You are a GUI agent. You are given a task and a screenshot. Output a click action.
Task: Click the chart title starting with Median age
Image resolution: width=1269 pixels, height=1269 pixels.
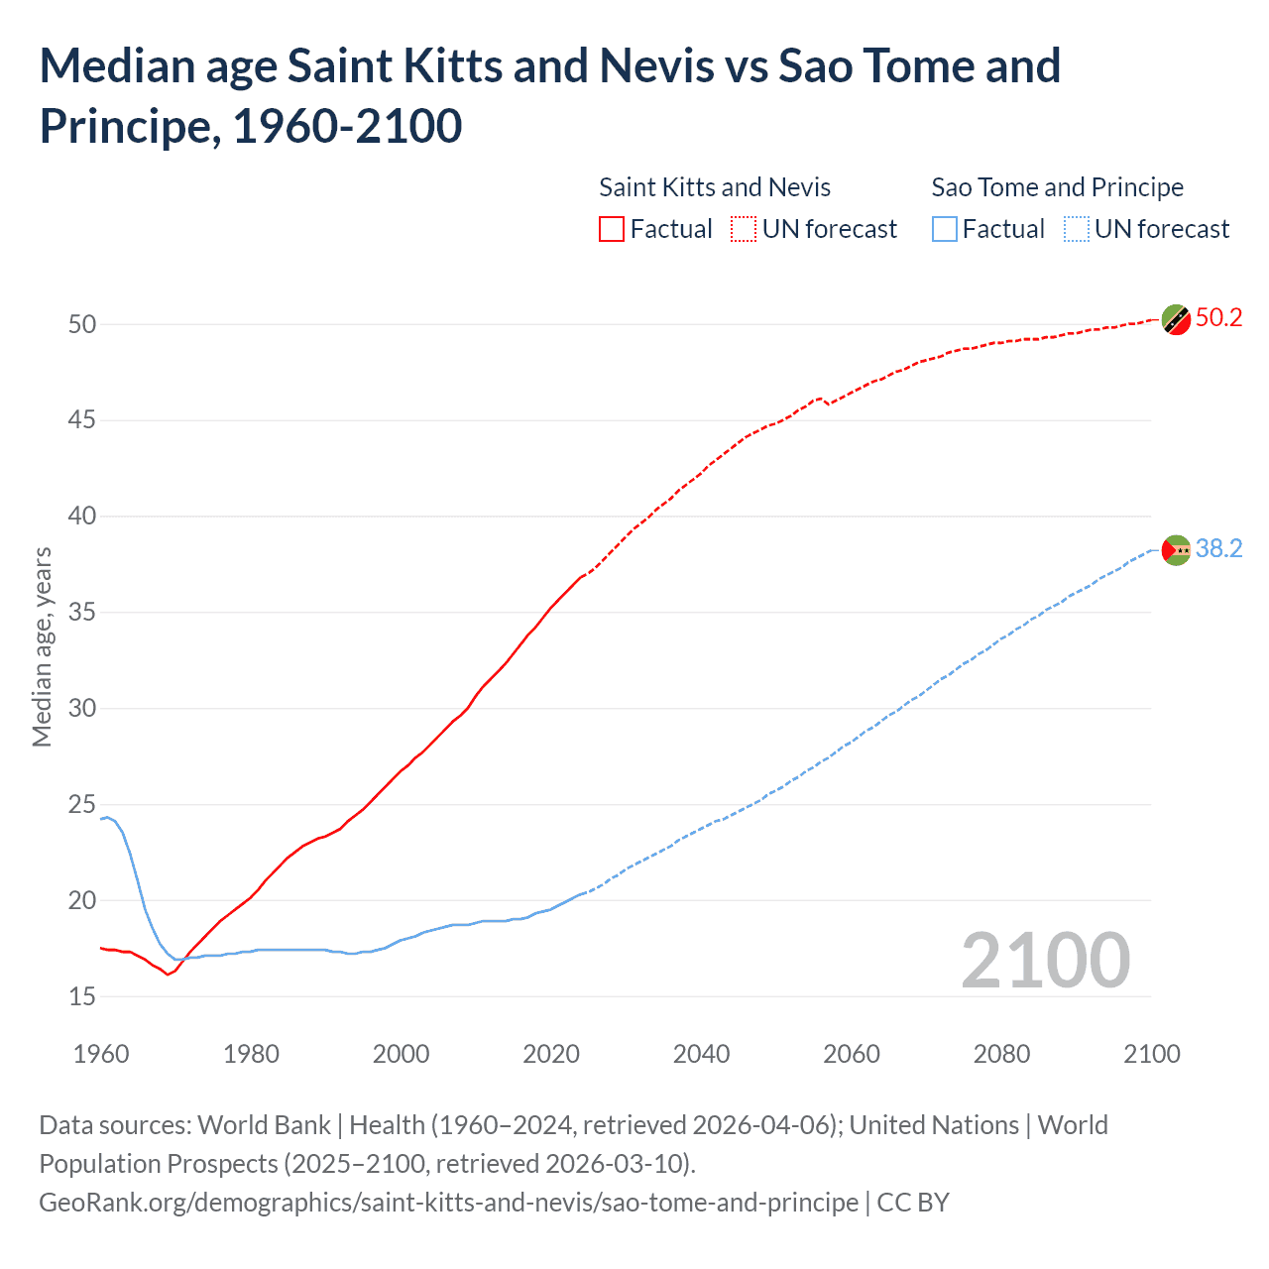click(x=549, y=95)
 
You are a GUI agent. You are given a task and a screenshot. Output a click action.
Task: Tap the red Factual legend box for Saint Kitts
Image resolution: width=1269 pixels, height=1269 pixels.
click(x=612, y=229)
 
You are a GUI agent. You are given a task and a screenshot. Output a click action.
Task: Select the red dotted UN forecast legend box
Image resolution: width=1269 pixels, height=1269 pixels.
click(x=744, y=229)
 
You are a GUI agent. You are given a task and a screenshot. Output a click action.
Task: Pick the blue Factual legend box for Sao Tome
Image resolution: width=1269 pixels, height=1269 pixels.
click(x=944, y=229)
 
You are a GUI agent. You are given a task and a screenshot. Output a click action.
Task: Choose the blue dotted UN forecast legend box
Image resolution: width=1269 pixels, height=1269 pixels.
click(x=1076, y=229)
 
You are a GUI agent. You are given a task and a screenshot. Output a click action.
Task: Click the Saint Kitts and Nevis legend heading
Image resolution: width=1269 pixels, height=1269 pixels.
click(x=714, y=187)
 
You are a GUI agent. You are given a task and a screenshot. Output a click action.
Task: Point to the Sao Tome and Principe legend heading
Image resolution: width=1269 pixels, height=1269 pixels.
click(x=1057, y=187)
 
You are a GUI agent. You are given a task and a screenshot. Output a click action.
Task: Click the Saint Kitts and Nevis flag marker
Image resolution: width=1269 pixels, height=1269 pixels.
click(x=1176, y=319)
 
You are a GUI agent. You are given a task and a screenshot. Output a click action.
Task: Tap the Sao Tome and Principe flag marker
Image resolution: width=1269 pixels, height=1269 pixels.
click(x=1176, y=549)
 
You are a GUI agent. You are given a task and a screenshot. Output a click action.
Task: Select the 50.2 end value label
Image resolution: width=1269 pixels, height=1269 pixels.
click(x=1218, y=317)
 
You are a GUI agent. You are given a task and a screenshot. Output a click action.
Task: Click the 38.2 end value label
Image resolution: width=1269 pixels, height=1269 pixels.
click(x=1218, y=548)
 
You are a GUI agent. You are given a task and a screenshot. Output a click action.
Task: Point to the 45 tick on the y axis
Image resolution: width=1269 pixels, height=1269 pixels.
click(x=82, y=420)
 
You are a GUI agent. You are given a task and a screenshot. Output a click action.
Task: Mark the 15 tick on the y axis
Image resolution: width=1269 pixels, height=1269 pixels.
click(x=82, y=996)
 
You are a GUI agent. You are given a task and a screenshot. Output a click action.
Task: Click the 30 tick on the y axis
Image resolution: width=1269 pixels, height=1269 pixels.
click(x=82, y=708)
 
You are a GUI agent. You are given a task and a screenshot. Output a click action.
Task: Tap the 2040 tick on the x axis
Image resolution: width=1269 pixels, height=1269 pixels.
click(x=701, y=1054)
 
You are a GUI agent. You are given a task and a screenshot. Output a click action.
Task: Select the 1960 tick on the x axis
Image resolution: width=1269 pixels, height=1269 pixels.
click(x=101, y=1054)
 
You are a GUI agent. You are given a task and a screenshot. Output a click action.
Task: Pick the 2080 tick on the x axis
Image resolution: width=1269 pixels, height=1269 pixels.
click(x=1001, y=1054)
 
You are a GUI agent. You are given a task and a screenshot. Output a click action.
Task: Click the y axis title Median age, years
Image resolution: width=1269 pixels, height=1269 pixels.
click(x=42, y=646)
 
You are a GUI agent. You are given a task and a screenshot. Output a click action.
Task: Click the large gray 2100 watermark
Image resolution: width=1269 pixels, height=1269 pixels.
click(x=1045, y=960)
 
